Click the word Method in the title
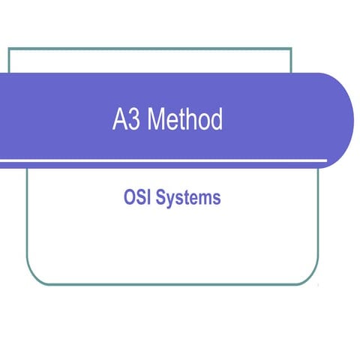pyautogui.click(x=184, y=120)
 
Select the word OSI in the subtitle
pyautogui.click(x=136, y=198)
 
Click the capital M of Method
pyautogui.click(x=155, y=120)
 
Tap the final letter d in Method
pyautogui.click(x=217, y=120)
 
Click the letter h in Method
pyautogui.click(x=191, y=120)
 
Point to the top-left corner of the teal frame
pyautogui.click(x=9, y=49)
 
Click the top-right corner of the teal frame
pyautogui.click(x=290, y=49)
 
